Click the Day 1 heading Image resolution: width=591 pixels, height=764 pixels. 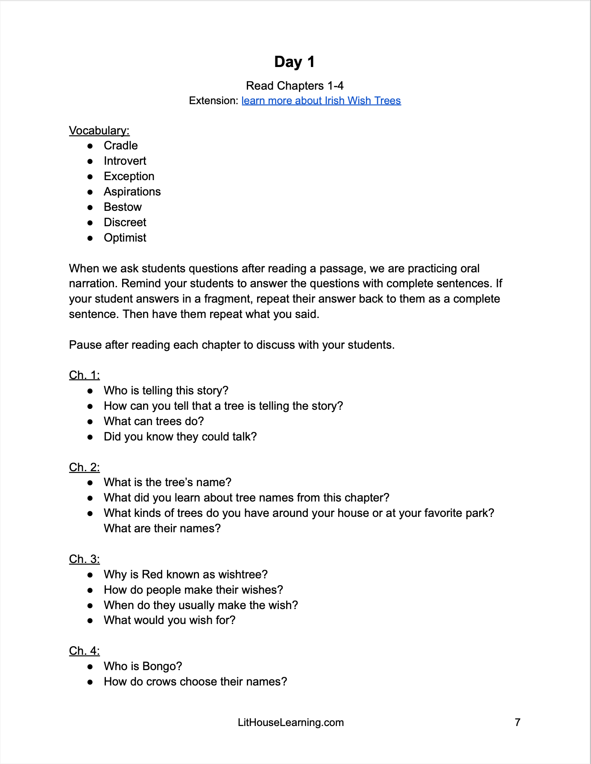pos(295,62)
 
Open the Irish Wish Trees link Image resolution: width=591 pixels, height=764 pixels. pos(321,101)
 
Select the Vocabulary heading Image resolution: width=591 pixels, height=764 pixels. pos(99,131)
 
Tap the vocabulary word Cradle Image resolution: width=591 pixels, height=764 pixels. pos(120,146)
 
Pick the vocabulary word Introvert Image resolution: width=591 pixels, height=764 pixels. pos(125,161)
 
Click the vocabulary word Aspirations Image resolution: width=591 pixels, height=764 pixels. pos(132,192)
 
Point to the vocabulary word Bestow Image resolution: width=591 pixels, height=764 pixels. pos(123,207)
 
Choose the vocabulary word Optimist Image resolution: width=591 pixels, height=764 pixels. pos(125,238)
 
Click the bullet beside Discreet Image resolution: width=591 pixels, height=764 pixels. pos(90,223)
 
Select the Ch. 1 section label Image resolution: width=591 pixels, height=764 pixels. pos(84,375)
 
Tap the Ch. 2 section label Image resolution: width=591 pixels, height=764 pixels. pos(84,467)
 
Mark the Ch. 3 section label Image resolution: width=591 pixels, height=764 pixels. pos(84,559)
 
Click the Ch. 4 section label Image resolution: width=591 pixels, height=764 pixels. pos(84,651)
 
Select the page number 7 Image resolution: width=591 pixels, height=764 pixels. pos(518,722)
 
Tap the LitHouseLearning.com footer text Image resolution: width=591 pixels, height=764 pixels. pos(291,723)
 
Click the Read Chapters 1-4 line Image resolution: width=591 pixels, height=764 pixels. pos(295,86)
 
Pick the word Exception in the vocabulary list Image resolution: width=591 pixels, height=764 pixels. pos(129,177)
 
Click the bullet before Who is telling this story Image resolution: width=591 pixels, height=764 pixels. pos(90,391)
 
